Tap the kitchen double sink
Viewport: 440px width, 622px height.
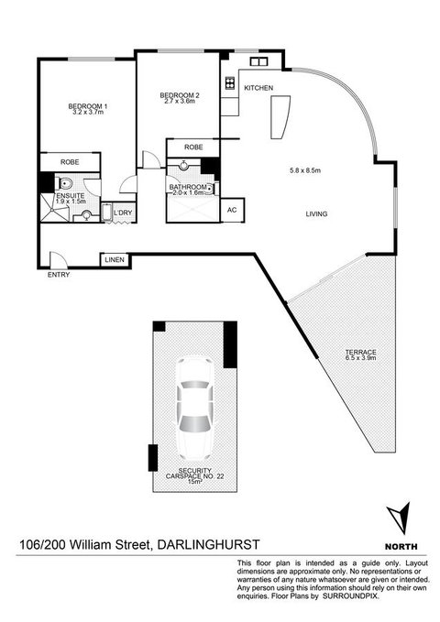coord(258,62)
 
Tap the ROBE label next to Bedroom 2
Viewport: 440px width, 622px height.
coord(193,147)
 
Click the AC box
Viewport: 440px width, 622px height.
coord(232,209)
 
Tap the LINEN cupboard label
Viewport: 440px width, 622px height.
coord(114,260)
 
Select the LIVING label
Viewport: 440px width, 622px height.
coord(318,214)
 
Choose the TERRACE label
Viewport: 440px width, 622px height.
coord(359,353)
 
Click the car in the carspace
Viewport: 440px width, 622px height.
coord(193,406)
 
